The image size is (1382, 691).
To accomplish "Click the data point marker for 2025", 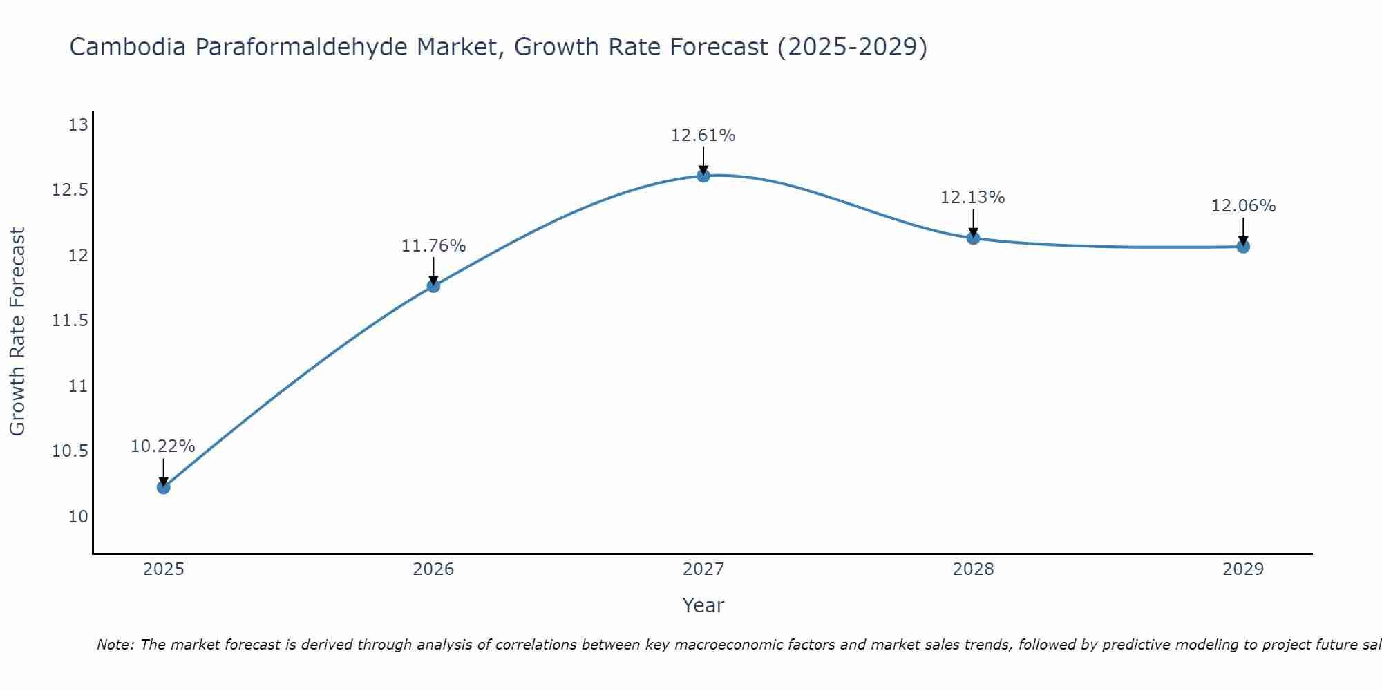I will [163, 487].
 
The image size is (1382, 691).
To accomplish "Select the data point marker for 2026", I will [433, 285].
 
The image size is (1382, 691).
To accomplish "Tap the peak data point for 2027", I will [703, 176].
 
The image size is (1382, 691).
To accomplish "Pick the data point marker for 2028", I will [973, 238].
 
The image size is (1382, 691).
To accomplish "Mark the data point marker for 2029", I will [1243, 247].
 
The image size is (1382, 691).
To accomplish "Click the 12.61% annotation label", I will [703, 135].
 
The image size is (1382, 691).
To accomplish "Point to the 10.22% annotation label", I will [163, 446].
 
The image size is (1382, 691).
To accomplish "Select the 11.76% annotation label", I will [433, 246].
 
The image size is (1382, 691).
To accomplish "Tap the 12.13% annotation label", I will [972, 198].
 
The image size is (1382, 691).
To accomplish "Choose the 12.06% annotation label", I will [1243, 206].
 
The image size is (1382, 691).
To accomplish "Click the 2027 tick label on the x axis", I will [703, 569].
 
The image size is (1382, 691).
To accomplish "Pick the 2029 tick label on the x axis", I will [1243, 569].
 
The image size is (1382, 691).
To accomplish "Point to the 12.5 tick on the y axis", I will [70, 190].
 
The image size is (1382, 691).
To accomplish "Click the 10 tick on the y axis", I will [78, 517].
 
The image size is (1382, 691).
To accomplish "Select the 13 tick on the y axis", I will [78, 125].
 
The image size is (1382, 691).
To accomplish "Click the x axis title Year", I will [703, 605].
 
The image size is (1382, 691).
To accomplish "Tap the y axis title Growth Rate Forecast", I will [17, 332].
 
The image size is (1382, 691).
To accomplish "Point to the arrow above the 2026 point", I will [433, 269].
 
